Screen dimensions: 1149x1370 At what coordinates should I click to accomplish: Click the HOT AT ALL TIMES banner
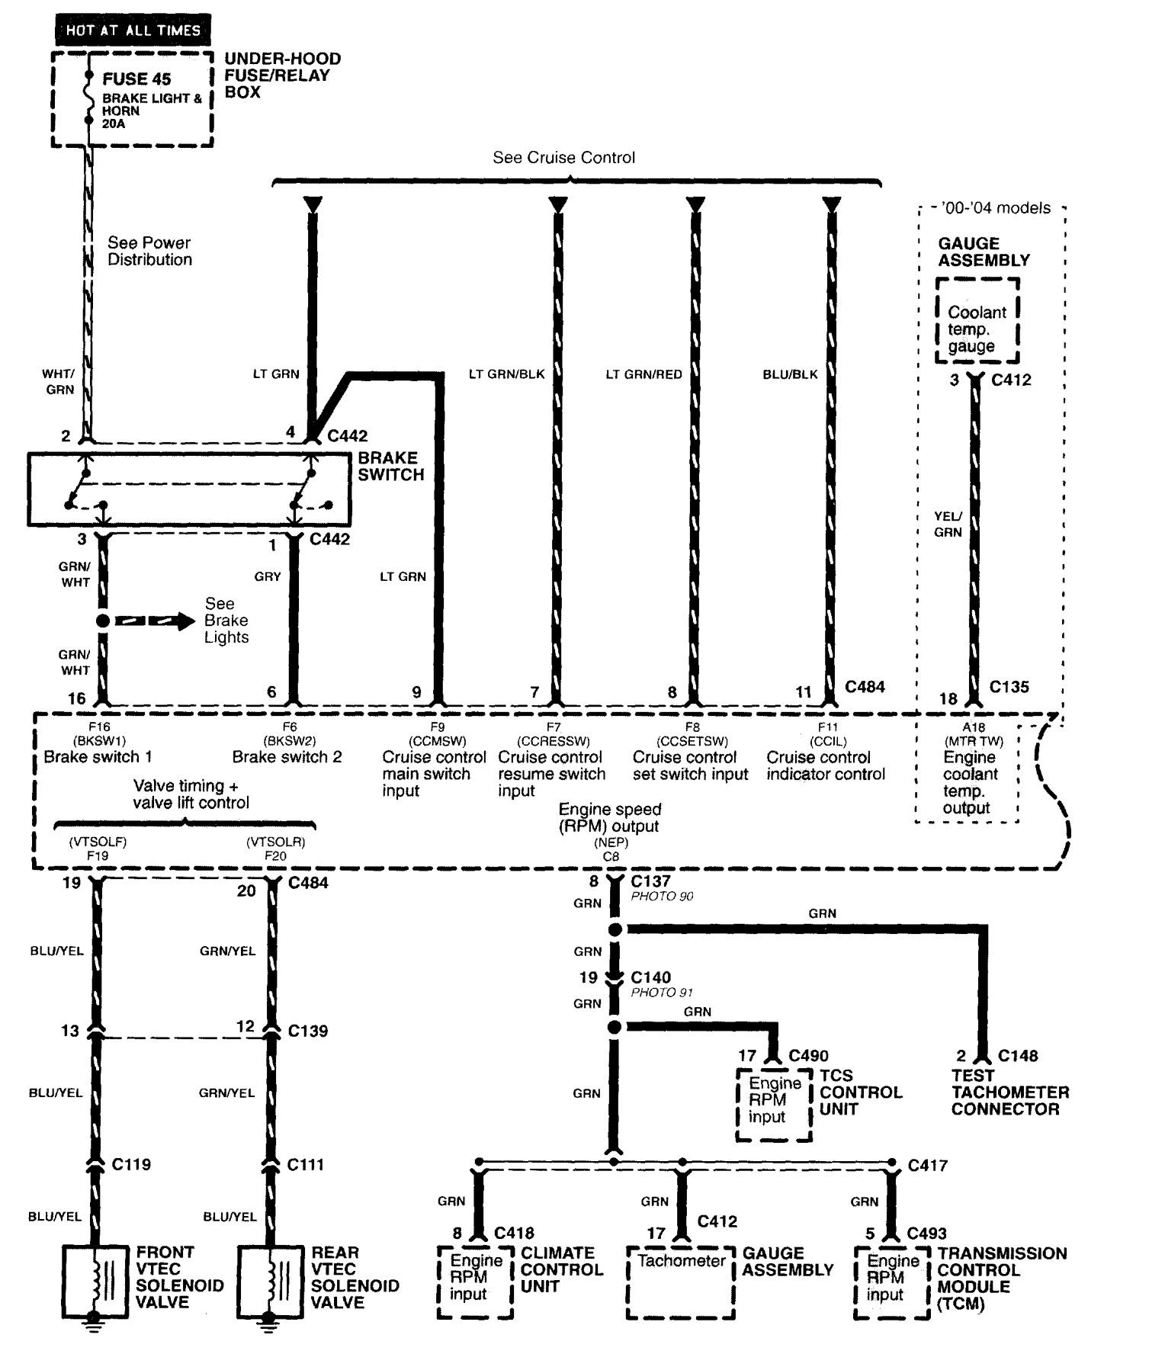(x=133, y=30)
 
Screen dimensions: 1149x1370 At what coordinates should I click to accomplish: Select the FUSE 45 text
(x=136, y=79)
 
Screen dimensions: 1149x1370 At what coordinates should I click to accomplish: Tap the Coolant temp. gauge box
(x=977, y=321)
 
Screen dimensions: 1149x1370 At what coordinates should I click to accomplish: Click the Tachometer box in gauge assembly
(x=681, y=1284)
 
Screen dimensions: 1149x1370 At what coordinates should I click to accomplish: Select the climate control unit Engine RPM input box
(x=476, y=1283)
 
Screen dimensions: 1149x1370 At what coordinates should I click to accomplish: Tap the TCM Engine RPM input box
(x=892, y=1283)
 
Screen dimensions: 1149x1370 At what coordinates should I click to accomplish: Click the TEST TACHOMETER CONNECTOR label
(x=1009, y=1092)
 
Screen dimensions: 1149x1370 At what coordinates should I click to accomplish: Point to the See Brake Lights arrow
(x=155, y=621)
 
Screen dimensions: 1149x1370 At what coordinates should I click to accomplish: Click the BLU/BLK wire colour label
(x=790, y=374)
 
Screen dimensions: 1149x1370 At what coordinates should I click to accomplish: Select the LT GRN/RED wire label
(x=644, y=374)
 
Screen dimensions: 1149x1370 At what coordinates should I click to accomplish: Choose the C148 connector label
(x=1018, y=1056)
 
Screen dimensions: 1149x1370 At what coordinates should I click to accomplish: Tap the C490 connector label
(x=808, y=1056)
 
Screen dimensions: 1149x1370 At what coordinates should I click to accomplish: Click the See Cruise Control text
(x=563, y=158)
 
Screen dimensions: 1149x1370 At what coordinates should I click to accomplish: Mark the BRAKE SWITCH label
(x=391, y=466)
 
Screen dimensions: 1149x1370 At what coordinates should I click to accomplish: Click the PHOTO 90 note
(x=662, y=897)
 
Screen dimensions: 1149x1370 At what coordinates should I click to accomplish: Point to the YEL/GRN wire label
(x=948, y=524)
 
